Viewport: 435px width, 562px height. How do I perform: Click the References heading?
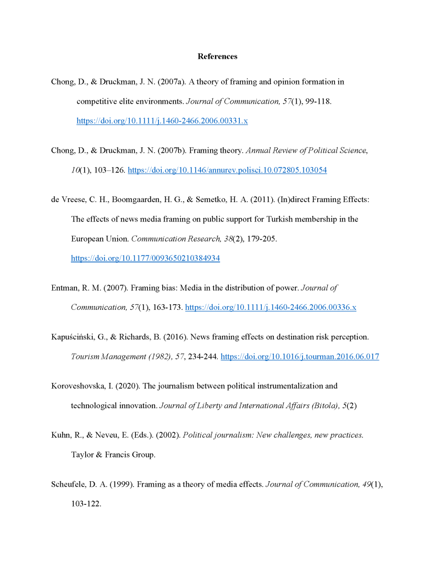[217, 57]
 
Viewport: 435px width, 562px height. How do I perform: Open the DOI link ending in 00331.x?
[162, 121]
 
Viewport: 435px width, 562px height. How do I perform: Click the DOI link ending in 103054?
[227, 170]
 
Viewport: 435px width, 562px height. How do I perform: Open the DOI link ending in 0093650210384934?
[145, 258]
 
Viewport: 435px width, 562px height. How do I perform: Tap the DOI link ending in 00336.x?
[271, 308]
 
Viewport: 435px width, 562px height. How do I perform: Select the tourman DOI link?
[300, 357]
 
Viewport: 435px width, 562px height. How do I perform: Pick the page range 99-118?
[316, 102]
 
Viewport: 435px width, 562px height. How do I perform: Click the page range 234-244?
[203, 357]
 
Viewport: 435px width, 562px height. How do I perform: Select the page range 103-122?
[86, 504]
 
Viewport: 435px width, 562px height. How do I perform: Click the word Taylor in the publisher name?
[82, 455]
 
